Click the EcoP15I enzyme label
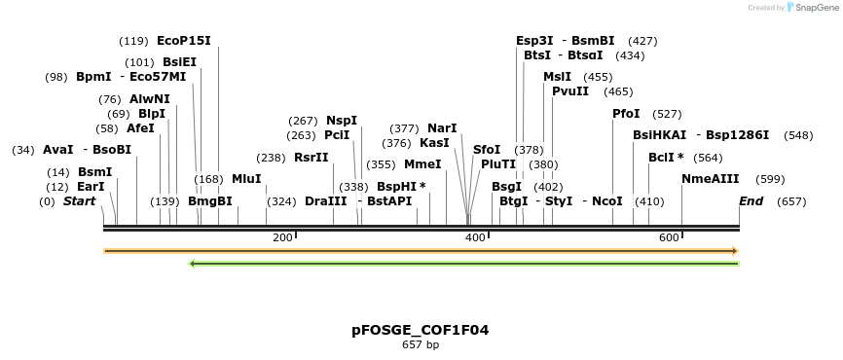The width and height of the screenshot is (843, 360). [x=183, y=41]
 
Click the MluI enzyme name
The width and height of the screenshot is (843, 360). [x=246, y=179]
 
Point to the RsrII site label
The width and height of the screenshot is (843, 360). [x=311, y=158]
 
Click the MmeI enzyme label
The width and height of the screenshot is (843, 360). [x=422, y=164]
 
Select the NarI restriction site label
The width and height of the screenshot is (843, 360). [x=442, y=127]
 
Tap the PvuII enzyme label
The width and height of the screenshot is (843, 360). [x=570, y=91]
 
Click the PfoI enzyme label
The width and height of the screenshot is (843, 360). [x=626, y=114]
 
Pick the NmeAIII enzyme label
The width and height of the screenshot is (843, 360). [x=711, y=179]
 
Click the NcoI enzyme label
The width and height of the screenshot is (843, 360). [x=606, y=201]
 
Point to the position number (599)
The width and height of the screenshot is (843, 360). [x=770, y=179]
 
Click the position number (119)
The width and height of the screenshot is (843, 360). [x=133, y=41]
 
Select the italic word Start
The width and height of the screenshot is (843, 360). [x=79, y=201]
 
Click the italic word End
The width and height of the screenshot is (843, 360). [x=751, y=201]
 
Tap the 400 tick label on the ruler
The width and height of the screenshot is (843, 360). [x=475, y=238]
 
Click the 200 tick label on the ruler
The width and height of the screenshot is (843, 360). [x=282, y=238]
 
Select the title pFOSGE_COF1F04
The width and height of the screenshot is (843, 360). [x=421, y=330]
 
